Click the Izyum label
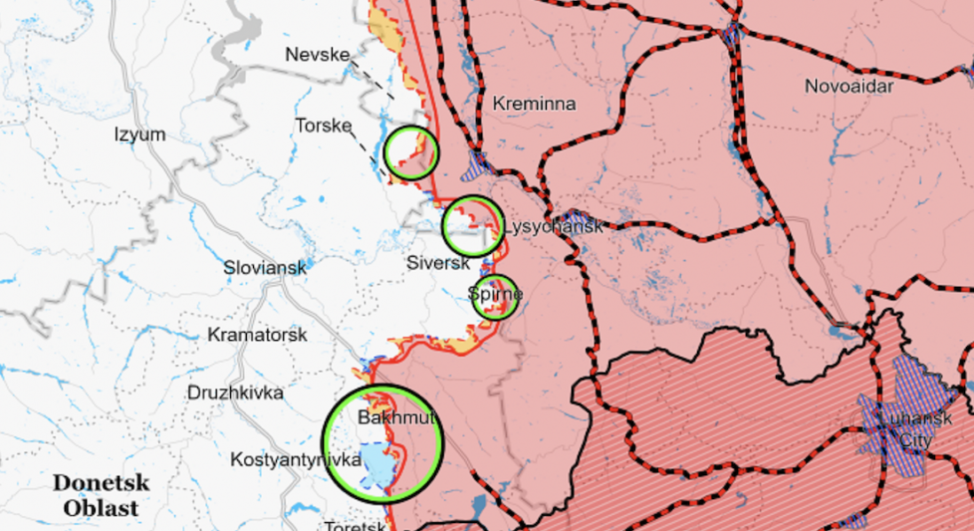(140, 135)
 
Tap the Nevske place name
(317, 55)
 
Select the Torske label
(324, 125)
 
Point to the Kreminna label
(534, 104)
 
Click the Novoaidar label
(849, 86)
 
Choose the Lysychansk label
(552, 226)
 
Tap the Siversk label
(438, 263)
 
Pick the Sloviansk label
(265, 267)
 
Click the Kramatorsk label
(257, 335)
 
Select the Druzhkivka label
(235, 392)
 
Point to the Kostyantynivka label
(295, 460)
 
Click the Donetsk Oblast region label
(100, 495)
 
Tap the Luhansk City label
(915, 430)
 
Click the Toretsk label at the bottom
(355, 526)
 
